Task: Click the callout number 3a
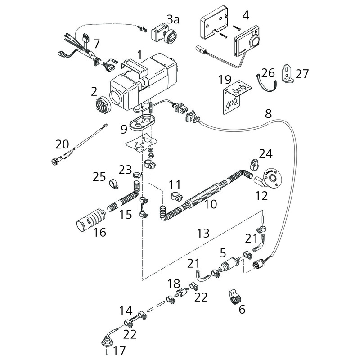172,19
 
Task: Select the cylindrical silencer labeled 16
90,219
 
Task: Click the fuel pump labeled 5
229,265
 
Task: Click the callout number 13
203,233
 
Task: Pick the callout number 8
268,114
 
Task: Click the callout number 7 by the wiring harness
96,45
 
